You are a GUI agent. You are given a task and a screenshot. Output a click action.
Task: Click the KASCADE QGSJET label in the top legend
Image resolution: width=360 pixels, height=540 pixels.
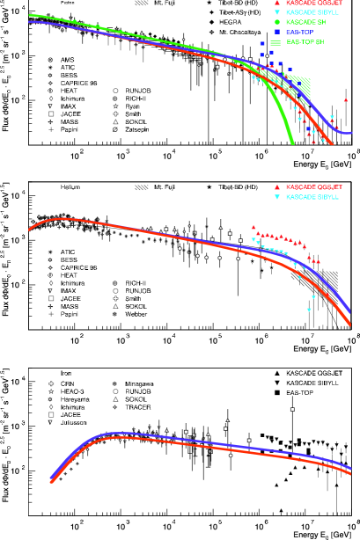(314, 3)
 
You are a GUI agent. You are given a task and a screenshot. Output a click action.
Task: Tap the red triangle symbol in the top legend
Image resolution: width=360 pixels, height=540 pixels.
(277, 3)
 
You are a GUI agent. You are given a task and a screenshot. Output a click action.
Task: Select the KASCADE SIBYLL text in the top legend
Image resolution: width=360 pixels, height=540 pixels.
(312, 12)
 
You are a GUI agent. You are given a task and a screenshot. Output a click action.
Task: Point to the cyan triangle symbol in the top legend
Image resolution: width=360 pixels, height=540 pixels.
(277, 12)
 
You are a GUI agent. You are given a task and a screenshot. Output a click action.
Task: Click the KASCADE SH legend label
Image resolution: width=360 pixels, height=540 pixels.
(307, 22)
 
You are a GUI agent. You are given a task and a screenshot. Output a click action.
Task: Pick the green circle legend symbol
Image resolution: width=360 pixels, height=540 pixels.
(277, 22)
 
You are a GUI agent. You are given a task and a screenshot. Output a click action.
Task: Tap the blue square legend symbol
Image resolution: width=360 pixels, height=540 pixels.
(277, 32)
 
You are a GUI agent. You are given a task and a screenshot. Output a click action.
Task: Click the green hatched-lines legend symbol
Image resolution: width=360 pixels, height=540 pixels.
(277, 41)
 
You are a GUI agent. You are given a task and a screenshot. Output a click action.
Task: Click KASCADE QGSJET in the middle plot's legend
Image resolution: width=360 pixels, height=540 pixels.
(314, 187)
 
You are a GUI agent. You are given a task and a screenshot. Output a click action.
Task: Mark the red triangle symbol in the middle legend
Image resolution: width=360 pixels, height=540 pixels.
(277, 187)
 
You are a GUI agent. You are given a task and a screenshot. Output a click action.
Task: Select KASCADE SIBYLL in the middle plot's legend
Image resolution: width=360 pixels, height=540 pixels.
(312, 197)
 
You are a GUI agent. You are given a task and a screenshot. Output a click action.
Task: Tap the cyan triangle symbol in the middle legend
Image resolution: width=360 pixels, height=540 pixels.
(277, 197)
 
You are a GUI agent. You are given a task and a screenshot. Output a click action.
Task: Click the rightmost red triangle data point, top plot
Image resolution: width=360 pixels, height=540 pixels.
(345, 100)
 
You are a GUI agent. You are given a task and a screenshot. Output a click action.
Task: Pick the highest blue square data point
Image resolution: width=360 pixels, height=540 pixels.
(262, 43)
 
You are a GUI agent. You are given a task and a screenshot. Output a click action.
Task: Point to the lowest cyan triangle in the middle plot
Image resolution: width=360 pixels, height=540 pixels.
(309, 310)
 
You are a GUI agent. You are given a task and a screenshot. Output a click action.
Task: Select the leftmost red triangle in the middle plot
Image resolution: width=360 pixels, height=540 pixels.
(253, 227)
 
